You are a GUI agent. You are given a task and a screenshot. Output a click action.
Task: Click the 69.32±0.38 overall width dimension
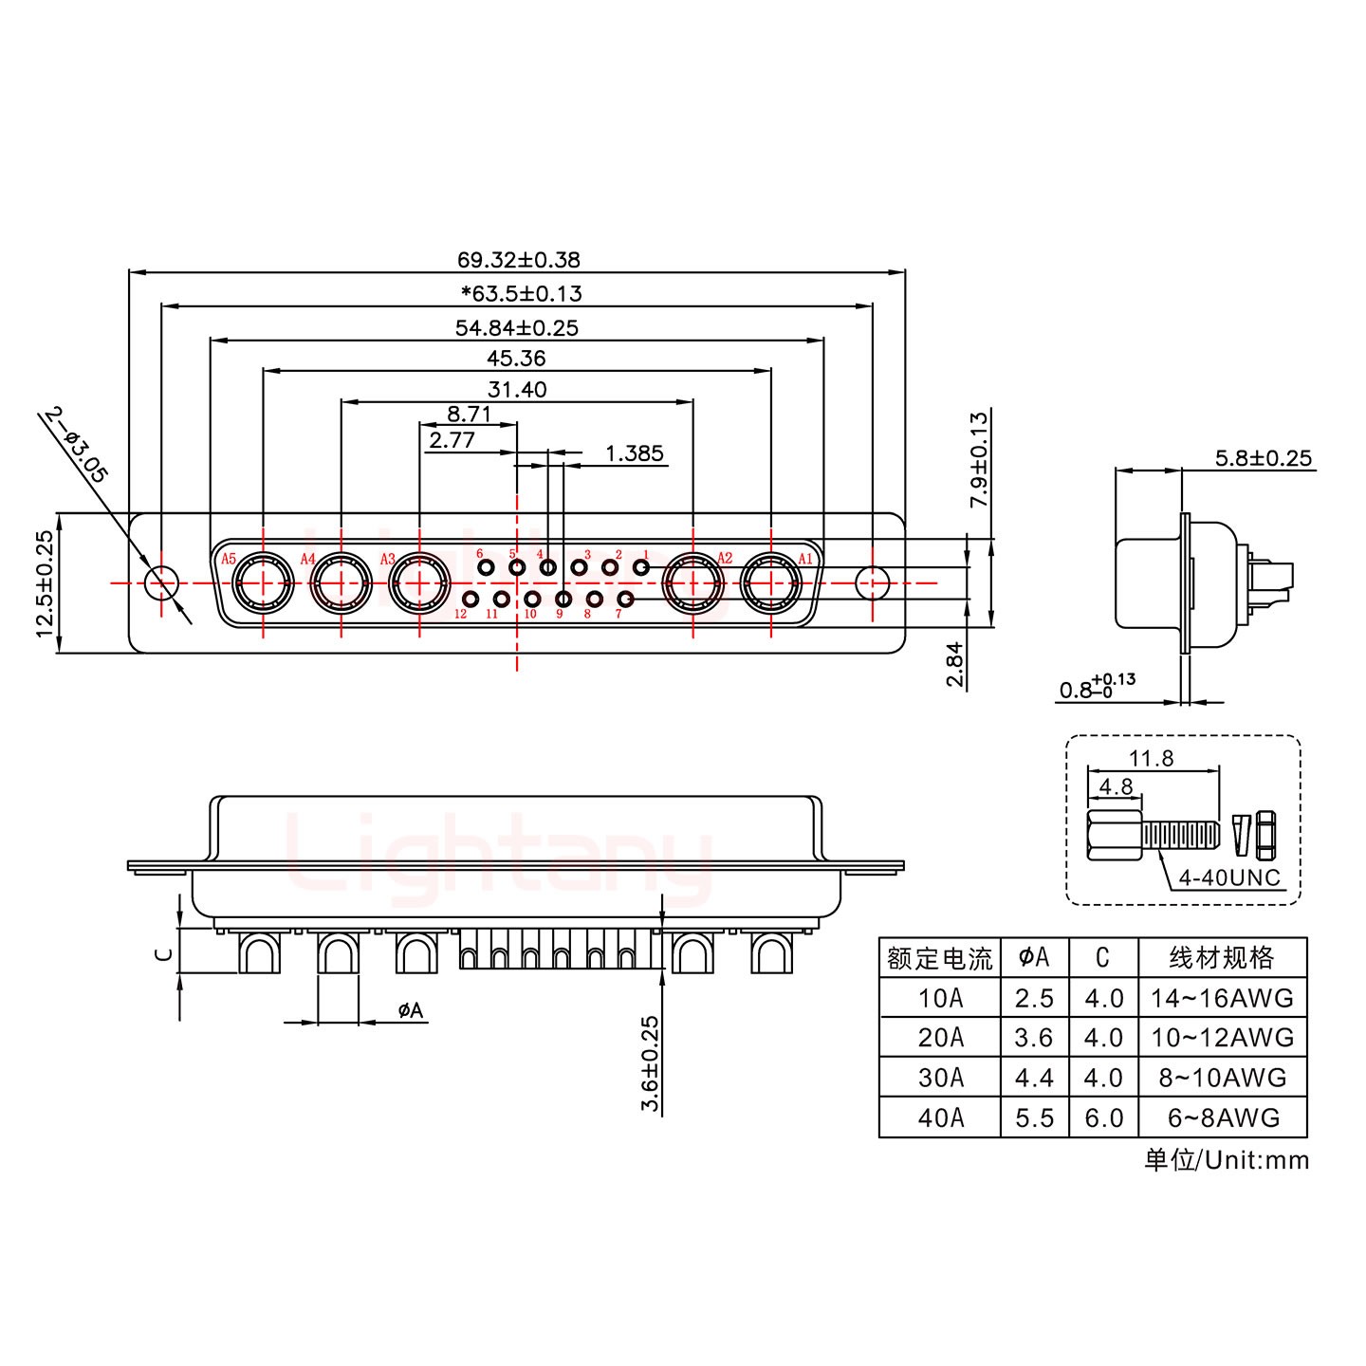518,259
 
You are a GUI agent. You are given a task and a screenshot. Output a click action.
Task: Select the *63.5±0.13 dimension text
521,293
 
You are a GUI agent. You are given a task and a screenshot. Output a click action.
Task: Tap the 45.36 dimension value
516,359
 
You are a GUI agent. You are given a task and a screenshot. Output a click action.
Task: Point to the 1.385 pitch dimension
634,453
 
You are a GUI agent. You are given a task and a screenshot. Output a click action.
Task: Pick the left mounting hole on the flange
161,582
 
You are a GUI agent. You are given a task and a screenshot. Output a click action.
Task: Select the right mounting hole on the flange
872,582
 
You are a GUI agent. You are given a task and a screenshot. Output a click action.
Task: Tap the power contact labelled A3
419,582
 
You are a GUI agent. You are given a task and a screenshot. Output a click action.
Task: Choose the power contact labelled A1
770,582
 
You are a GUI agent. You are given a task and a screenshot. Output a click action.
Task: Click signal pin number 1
641,567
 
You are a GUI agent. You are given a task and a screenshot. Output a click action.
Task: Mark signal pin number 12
471,599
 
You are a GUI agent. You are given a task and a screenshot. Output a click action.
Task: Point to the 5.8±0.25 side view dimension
1263,458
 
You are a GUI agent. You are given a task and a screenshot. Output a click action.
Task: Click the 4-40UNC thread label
1228,877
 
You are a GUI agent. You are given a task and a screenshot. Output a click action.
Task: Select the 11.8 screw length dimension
1151,758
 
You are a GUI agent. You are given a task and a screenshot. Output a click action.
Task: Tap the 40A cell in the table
939,1117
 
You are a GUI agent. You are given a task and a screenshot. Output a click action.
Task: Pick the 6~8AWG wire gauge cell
1223,1117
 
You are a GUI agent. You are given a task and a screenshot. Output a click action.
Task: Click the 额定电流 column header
939,958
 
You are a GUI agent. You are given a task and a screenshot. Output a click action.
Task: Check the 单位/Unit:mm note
1226,1160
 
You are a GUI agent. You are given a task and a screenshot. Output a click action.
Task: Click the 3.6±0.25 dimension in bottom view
650,1063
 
